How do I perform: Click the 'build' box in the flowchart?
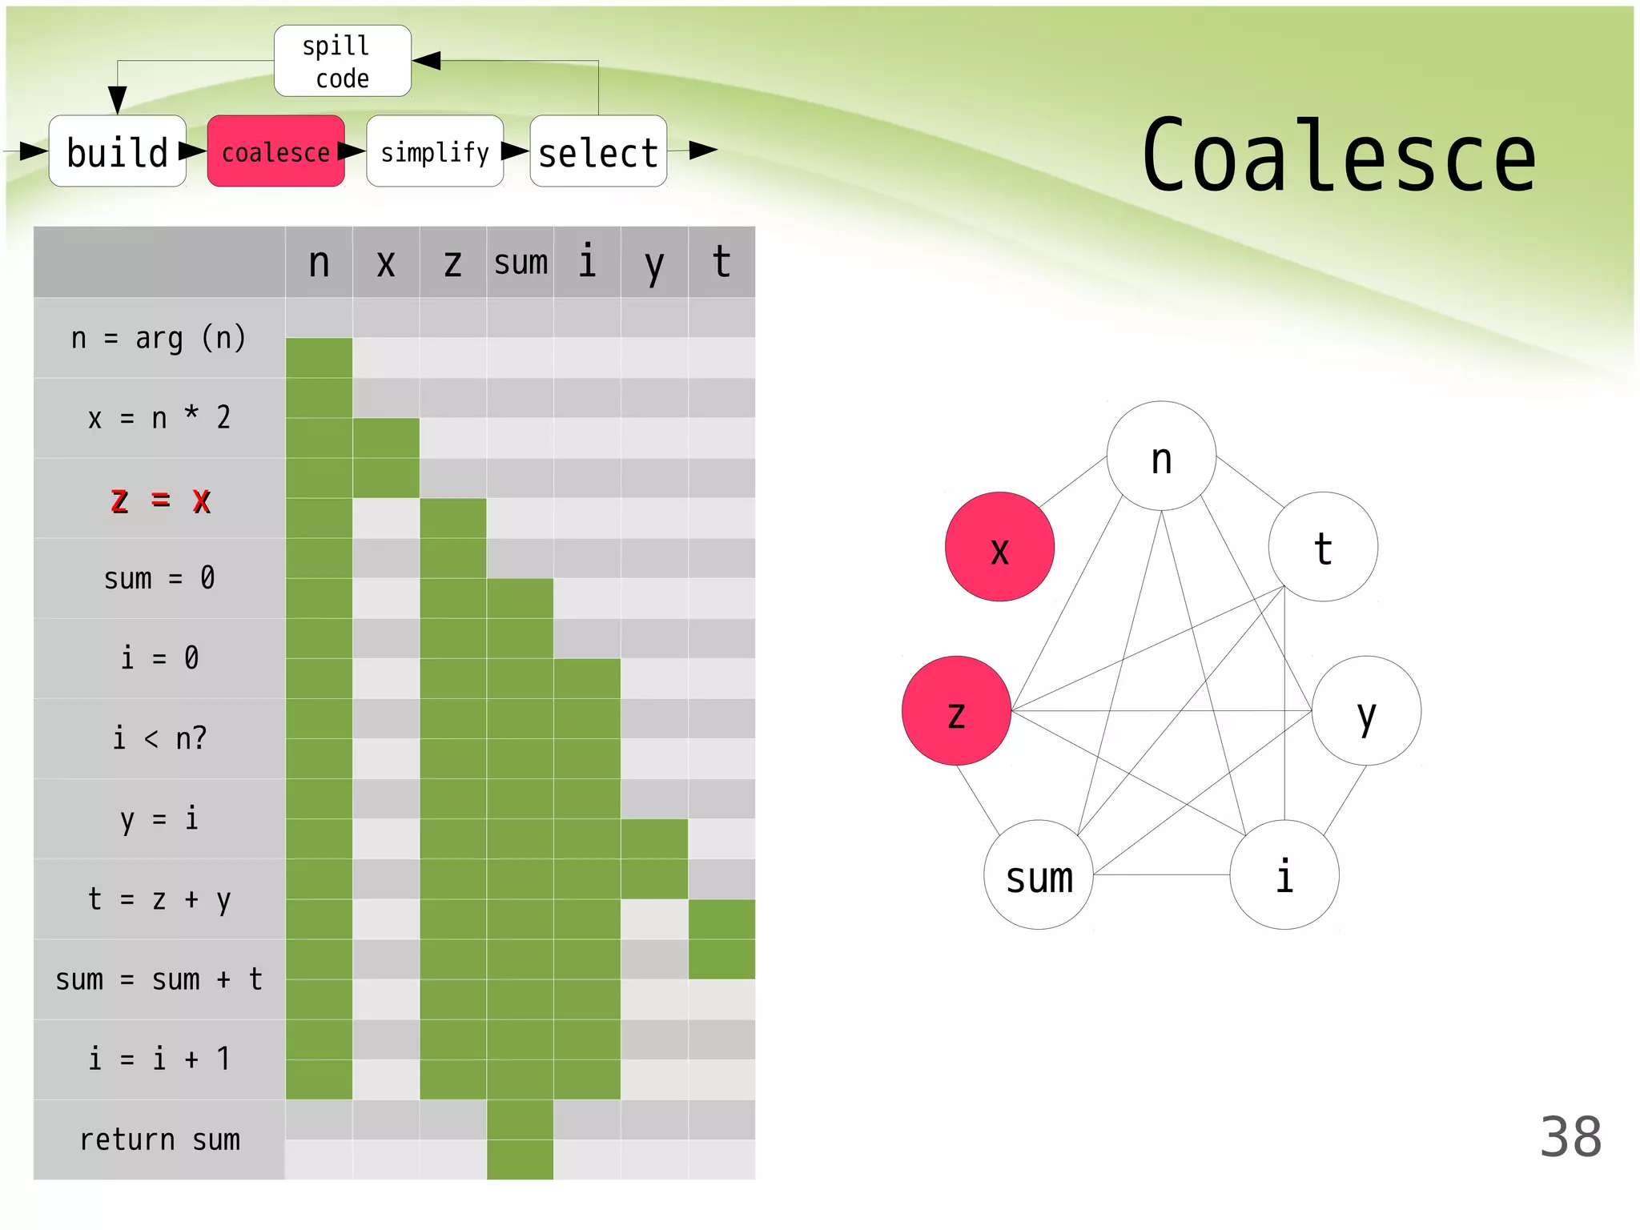tap(118, 151)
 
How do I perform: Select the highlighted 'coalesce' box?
tap(276, 151)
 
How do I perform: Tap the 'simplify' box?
tap(435, 151)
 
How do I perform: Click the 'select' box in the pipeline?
tap(598, 151)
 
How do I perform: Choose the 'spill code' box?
tap(343, 61)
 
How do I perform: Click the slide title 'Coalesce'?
tap(1338, 157)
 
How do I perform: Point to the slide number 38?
tap(1570, 1136)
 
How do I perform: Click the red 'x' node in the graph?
tap(999, 547)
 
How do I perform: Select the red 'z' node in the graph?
tap(956, 711)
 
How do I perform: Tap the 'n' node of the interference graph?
tap(1161, 456)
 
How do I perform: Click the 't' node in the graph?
tap(1323, 547)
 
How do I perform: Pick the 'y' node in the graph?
tap(1366, 711)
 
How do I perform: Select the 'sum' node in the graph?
tap(1039, 874)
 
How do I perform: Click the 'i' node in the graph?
tap(1284, 874)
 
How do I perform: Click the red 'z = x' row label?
tap(160, 500)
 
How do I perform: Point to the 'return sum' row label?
tap(160, 1140)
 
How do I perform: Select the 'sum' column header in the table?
tap(521, 263)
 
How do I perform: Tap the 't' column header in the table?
tap(722, 263)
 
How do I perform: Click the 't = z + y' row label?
tap(160, 899)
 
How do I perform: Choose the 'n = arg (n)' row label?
tap(160, 338)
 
